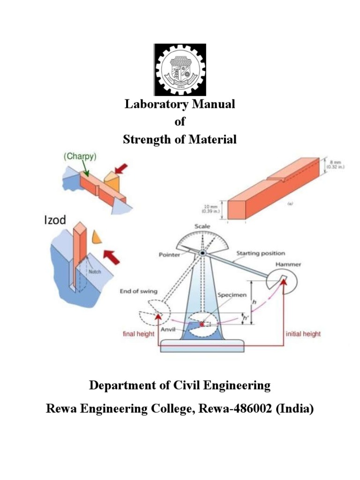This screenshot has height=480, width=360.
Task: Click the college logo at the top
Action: coord(180,70)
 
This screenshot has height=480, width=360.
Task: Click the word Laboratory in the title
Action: coord(152,104)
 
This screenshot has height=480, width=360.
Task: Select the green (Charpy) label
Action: coord(80,157)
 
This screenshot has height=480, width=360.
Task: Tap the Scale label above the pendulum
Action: coord(202,226)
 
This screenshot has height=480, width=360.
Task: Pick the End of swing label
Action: coord(139,291)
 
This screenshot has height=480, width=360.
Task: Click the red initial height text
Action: coord(303,334)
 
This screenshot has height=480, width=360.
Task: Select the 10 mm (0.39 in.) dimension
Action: coord(214,209)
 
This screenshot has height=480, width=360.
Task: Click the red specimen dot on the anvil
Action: coord(202,324)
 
